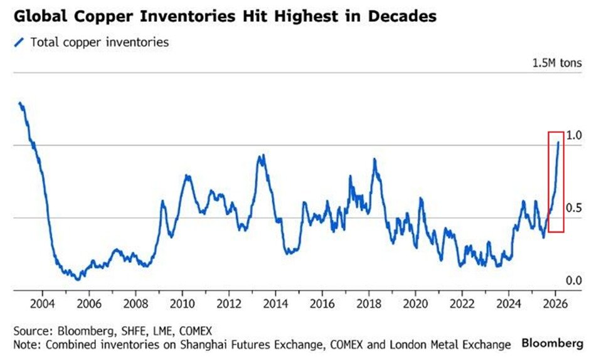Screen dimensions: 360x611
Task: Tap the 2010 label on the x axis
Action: click(182, 301)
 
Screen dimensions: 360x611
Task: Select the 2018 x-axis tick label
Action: click(369, 301)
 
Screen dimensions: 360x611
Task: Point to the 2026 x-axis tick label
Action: click(556, 301)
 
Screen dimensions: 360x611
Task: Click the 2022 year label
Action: click(462, 301)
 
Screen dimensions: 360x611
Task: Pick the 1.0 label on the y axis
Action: click(574, 135)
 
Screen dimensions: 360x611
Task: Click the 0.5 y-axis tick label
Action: click(574, 208)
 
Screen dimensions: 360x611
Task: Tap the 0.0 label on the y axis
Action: click(574, 280)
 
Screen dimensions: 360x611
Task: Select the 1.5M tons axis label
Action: click(556, 63)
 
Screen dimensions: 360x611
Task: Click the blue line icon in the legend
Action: click(19, 42)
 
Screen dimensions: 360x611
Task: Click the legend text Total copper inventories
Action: click(98, 42)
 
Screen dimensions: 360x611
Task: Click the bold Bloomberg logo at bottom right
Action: click(552, 343)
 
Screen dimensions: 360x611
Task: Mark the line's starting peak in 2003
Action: click(20, 102)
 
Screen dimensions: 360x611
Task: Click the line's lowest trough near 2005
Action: click(77, 278)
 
